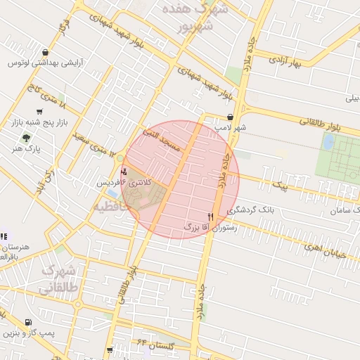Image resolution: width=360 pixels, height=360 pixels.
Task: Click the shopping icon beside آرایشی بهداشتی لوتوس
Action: pyautogui.click(x=46, y=52)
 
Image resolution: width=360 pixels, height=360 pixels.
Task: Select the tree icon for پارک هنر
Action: pyautogui.click(x=27, y=138)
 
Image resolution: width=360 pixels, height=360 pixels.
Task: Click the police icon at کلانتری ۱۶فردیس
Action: pyautogui.click(x=124, y=171)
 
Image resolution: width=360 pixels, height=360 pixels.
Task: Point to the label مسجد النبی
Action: pyautogui.click(x=162, y=137)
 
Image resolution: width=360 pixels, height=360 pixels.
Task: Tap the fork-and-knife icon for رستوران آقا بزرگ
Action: pyautogui.click(x=210, y=217)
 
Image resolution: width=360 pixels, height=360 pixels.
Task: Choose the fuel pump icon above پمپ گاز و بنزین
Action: pyautogui.click(x=27, y=322)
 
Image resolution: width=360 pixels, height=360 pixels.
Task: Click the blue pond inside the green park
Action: pyautogui.click(x=328, y=142)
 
